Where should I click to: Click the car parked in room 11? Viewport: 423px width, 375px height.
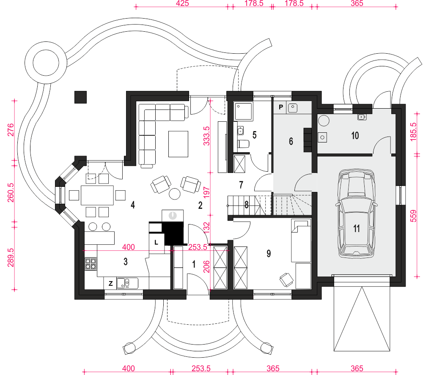point(356,214)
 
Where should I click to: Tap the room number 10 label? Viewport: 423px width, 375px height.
point(355,135)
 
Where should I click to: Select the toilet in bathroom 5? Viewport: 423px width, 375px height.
point(243,144)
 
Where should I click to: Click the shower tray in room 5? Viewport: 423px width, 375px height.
point(244,111)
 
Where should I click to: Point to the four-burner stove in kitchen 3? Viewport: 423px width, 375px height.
point(91,264)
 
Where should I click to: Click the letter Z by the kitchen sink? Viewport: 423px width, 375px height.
point(110,283)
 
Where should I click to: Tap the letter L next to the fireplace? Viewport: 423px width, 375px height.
point(156,242)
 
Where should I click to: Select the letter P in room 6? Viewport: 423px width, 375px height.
point(281,107)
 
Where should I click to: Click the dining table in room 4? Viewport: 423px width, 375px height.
point(97,195)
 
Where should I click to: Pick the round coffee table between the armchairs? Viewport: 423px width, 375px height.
point(175,194)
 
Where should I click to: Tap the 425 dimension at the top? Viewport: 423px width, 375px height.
point(182,3)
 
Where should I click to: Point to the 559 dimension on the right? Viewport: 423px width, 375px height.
point(413,216)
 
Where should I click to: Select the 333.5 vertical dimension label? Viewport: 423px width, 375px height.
point(206,136)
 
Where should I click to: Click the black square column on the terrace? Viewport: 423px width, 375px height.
point(80,97)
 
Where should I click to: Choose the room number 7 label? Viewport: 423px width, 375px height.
point(241,185)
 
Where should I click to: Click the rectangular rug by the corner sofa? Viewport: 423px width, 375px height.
point(179,144)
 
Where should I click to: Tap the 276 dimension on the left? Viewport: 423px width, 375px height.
point(10,130)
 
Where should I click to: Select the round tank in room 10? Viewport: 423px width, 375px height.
point(324,120)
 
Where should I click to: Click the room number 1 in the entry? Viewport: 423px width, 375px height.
point(194,264)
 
